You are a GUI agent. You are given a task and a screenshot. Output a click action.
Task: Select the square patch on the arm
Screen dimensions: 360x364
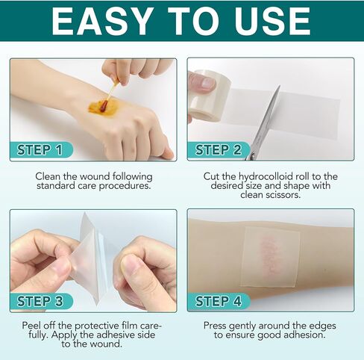(270, 254)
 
